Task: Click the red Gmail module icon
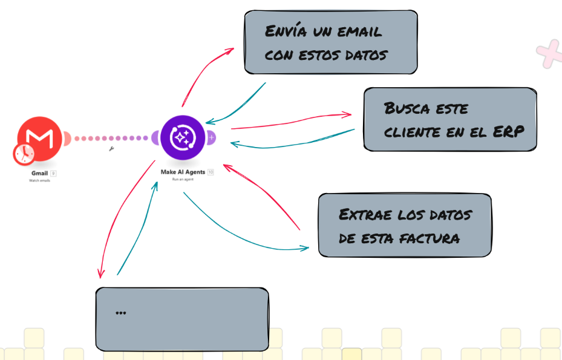point(40,139)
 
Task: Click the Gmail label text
point(39,173)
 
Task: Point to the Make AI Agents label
point(183,172)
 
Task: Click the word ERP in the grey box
point(508,132)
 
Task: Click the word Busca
point(406,109)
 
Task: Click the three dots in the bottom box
point(120,313)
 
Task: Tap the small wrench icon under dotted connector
point(111,148)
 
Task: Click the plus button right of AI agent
point(211,138)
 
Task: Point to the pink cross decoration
point(549,54)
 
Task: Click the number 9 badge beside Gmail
point(53,173)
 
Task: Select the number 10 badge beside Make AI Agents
point(211,172)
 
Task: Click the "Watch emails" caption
point(39,180)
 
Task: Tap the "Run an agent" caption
point(183,180)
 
